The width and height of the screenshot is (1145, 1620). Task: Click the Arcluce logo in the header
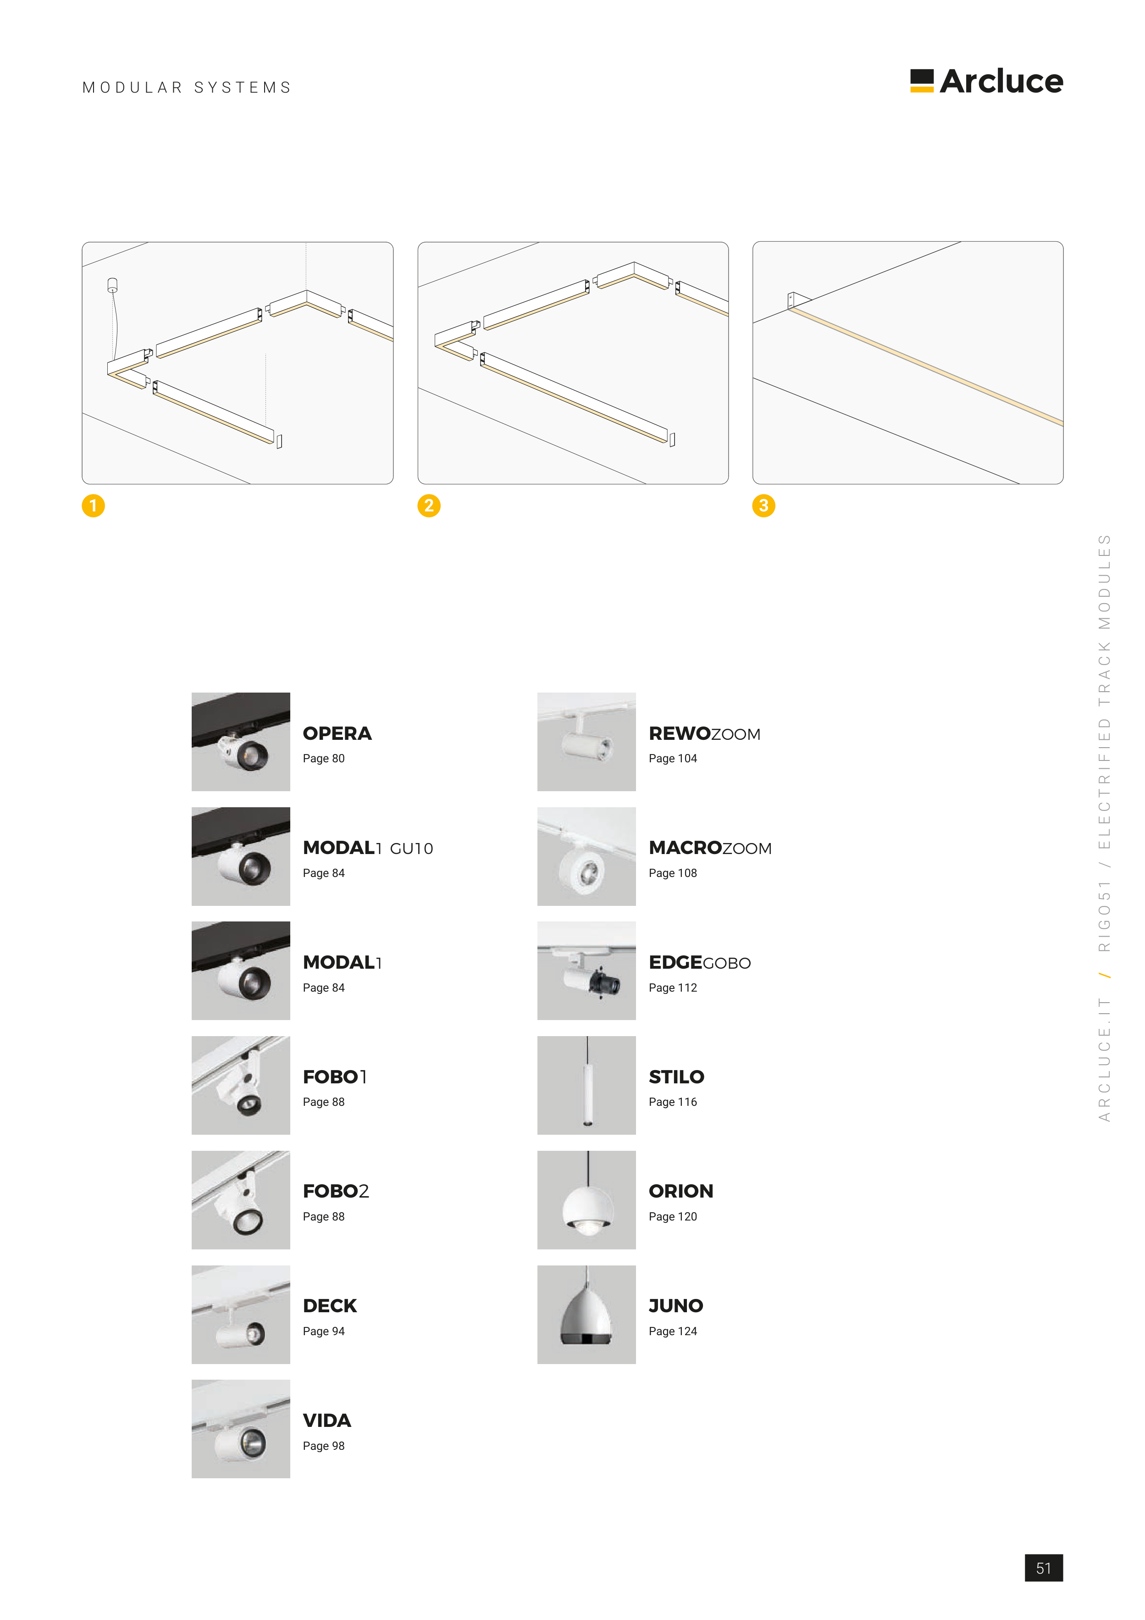pyautogui.click(x=986, y=81)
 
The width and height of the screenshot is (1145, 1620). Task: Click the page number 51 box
pyautogui.click(x=1043, y=1568)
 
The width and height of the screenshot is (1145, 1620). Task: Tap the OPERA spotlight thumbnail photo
pyautogui.click(x=241, y=742)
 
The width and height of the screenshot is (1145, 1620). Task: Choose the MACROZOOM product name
pyautogui.click(x=710, y=848)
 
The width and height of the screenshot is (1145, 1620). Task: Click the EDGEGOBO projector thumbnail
pyautogui.click(x=586, y=971)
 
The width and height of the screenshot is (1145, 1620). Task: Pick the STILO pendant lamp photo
pyautogui.click(x=586, y=1085)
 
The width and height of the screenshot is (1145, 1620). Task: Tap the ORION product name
pyautogui.click(x=681, y=1191)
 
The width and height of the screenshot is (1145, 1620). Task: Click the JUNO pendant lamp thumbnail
pyautogui.click(x=586, y=1315)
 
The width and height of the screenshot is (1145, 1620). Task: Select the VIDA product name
pyautogui.click(x=326, y=1420)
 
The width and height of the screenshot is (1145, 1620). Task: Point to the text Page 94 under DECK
pyautogui.click(x=324, y=1332)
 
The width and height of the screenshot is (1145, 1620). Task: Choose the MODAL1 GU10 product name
pyautogui.click(x=368, y=848)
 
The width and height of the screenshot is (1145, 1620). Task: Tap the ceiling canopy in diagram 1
pyautogui.click(x=112, y=284)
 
